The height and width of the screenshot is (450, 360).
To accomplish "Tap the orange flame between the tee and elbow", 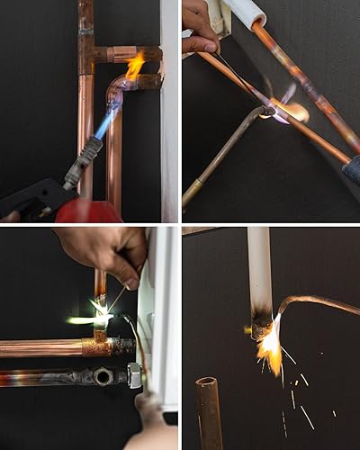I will coord(135,66).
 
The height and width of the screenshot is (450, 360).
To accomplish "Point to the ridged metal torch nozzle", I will coord(84,159).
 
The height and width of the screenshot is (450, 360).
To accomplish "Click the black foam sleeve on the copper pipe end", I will coord(350,168).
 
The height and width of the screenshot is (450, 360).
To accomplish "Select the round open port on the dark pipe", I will coord(103,376).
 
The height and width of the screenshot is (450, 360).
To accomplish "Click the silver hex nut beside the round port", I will coord(134,376).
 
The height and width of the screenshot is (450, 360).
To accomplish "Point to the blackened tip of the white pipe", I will coord(261,322).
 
